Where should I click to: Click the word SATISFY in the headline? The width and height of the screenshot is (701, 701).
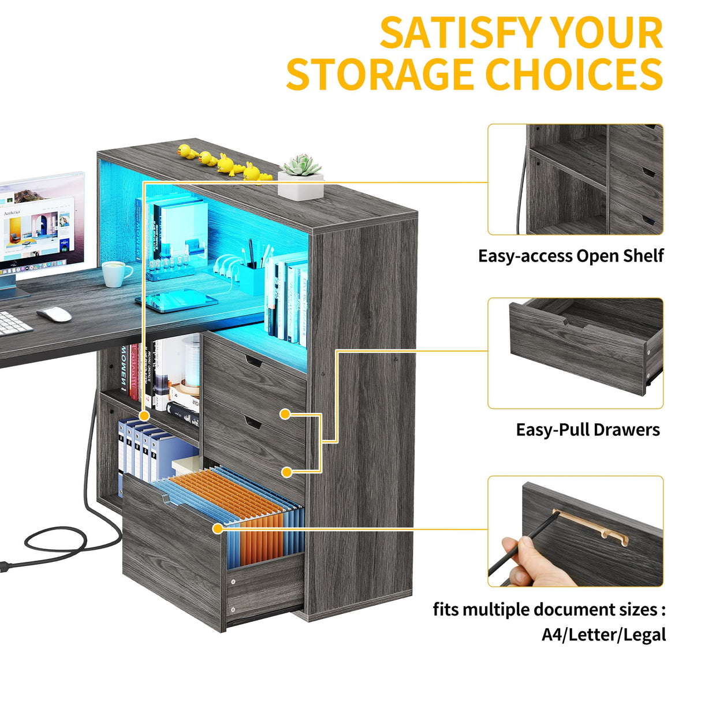pyautogui.click(x=460, y=33)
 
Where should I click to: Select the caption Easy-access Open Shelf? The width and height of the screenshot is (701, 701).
pyautogui.click(x=571, y=256)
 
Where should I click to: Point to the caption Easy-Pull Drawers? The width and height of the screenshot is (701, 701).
pyautogui.click(x=587, y=430)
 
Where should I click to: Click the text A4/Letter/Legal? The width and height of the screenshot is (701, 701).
pyautogui.click(x=603, y=635)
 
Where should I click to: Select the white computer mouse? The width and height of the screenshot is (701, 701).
pyautogui.click(x=54, y=314)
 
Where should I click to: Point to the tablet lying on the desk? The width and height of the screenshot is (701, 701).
pyautogui.click(x=176, y=301)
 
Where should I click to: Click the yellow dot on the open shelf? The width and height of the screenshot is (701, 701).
pyautogui.click(x=144, y=415)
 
